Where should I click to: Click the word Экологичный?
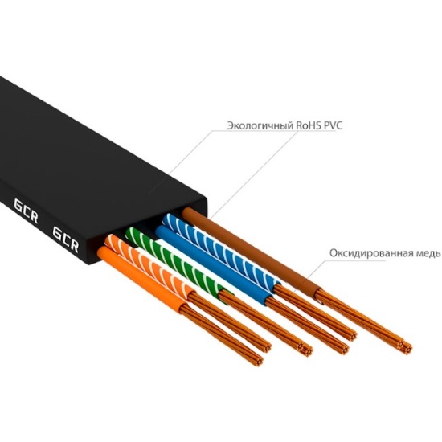click(x=260, y=125)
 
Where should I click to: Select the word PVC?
click(x=334, y=125)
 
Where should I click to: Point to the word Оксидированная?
click(x=371, y=253)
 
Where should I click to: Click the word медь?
click(x=428, y=253)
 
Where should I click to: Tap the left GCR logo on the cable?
click(x=26, y=211)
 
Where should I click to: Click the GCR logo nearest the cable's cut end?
click(x=65, y=239)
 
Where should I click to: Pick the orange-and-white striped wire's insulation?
click(x=149, y=264)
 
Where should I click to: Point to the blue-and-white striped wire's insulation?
click(x=221, y=249)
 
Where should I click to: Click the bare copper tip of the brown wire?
click(x=363, y=321)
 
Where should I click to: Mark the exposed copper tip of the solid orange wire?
click(x=223, y=335)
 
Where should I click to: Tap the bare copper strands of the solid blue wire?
click(x=307, y=324)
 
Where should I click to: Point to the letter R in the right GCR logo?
click(x=74, y=245)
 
